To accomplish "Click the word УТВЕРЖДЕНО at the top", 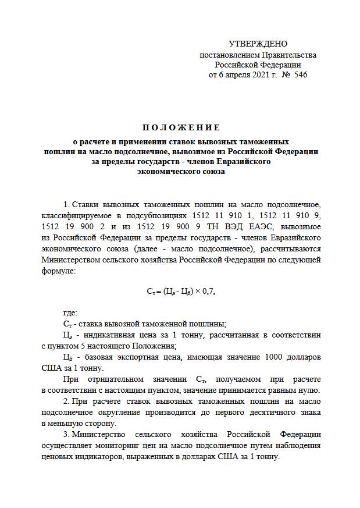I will point(258,44).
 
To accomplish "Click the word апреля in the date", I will point(229,75).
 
